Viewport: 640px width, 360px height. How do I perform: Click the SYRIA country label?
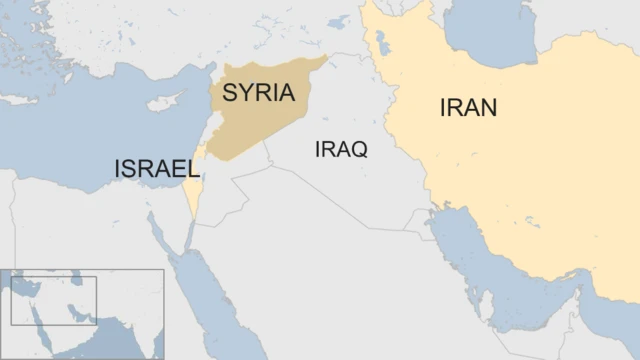coord(258,93)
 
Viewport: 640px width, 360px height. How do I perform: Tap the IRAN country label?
coord(468,108)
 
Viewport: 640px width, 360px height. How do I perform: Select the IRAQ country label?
coord(341,150)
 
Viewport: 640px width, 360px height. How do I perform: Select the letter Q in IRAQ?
coord(359,150)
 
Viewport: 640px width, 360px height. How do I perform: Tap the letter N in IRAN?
coord(487,108)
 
